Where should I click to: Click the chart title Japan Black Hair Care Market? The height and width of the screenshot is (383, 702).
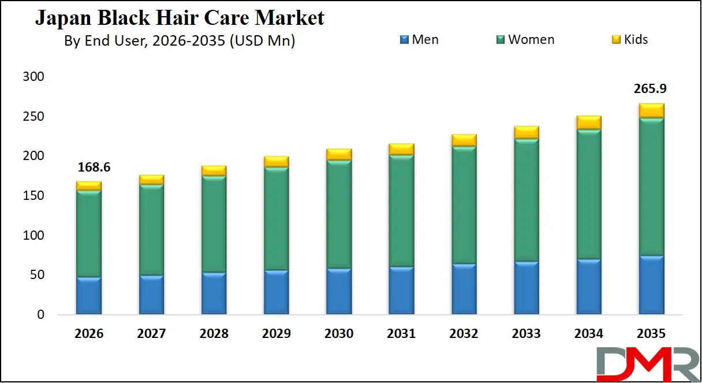(180, 17)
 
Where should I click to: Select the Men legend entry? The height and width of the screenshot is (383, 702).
(419, 40)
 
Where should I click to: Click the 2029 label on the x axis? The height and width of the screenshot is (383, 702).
(277, 334)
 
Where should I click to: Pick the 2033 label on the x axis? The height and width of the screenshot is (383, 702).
(526, 334)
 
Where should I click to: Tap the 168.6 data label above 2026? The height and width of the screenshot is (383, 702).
(93, 168)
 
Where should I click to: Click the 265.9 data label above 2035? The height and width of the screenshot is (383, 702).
(651, 89)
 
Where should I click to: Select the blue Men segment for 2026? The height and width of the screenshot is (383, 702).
(89, 296)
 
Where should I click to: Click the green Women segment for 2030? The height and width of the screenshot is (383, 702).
(339, 214)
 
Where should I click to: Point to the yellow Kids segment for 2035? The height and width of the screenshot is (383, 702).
(651, 111)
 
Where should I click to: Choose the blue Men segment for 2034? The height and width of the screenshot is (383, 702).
(589, 287)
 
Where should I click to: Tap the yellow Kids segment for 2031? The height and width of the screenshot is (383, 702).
(401, 150)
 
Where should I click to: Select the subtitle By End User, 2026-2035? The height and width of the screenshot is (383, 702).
(180, 41)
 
